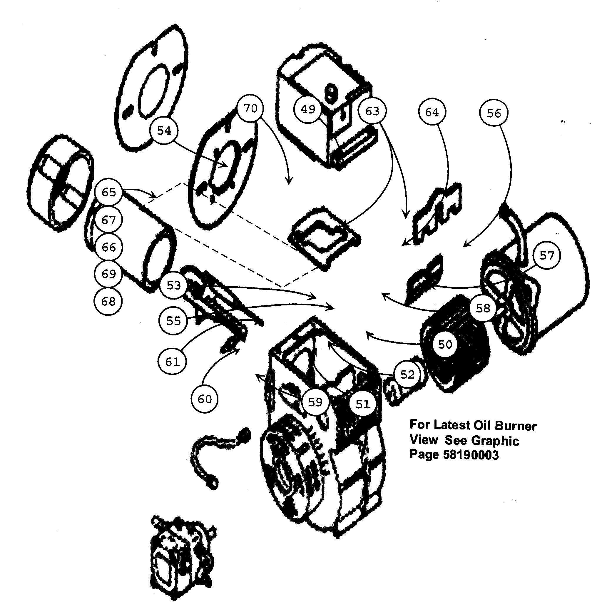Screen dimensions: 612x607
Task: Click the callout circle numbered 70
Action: (x=250, y=109)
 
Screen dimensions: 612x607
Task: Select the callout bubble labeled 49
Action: (x=308, y=110)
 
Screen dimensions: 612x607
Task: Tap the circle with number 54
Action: (x=164, y=131)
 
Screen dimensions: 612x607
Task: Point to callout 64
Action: (x=432, y=112)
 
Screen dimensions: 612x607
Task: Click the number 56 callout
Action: (x=494, y=113)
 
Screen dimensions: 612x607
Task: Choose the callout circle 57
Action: (x=546, y=255)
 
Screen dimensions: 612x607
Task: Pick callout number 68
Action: (x=108, y=301)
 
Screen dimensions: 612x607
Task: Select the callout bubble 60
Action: (x=204, y=399)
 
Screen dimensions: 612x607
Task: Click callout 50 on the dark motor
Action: (x=445, y=344)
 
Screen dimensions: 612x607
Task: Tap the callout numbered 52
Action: (x=407, y=375)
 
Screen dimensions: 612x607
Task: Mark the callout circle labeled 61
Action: (x=172, y=362)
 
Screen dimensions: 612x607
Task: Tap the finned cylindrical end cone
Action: (x=60, y=184)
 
